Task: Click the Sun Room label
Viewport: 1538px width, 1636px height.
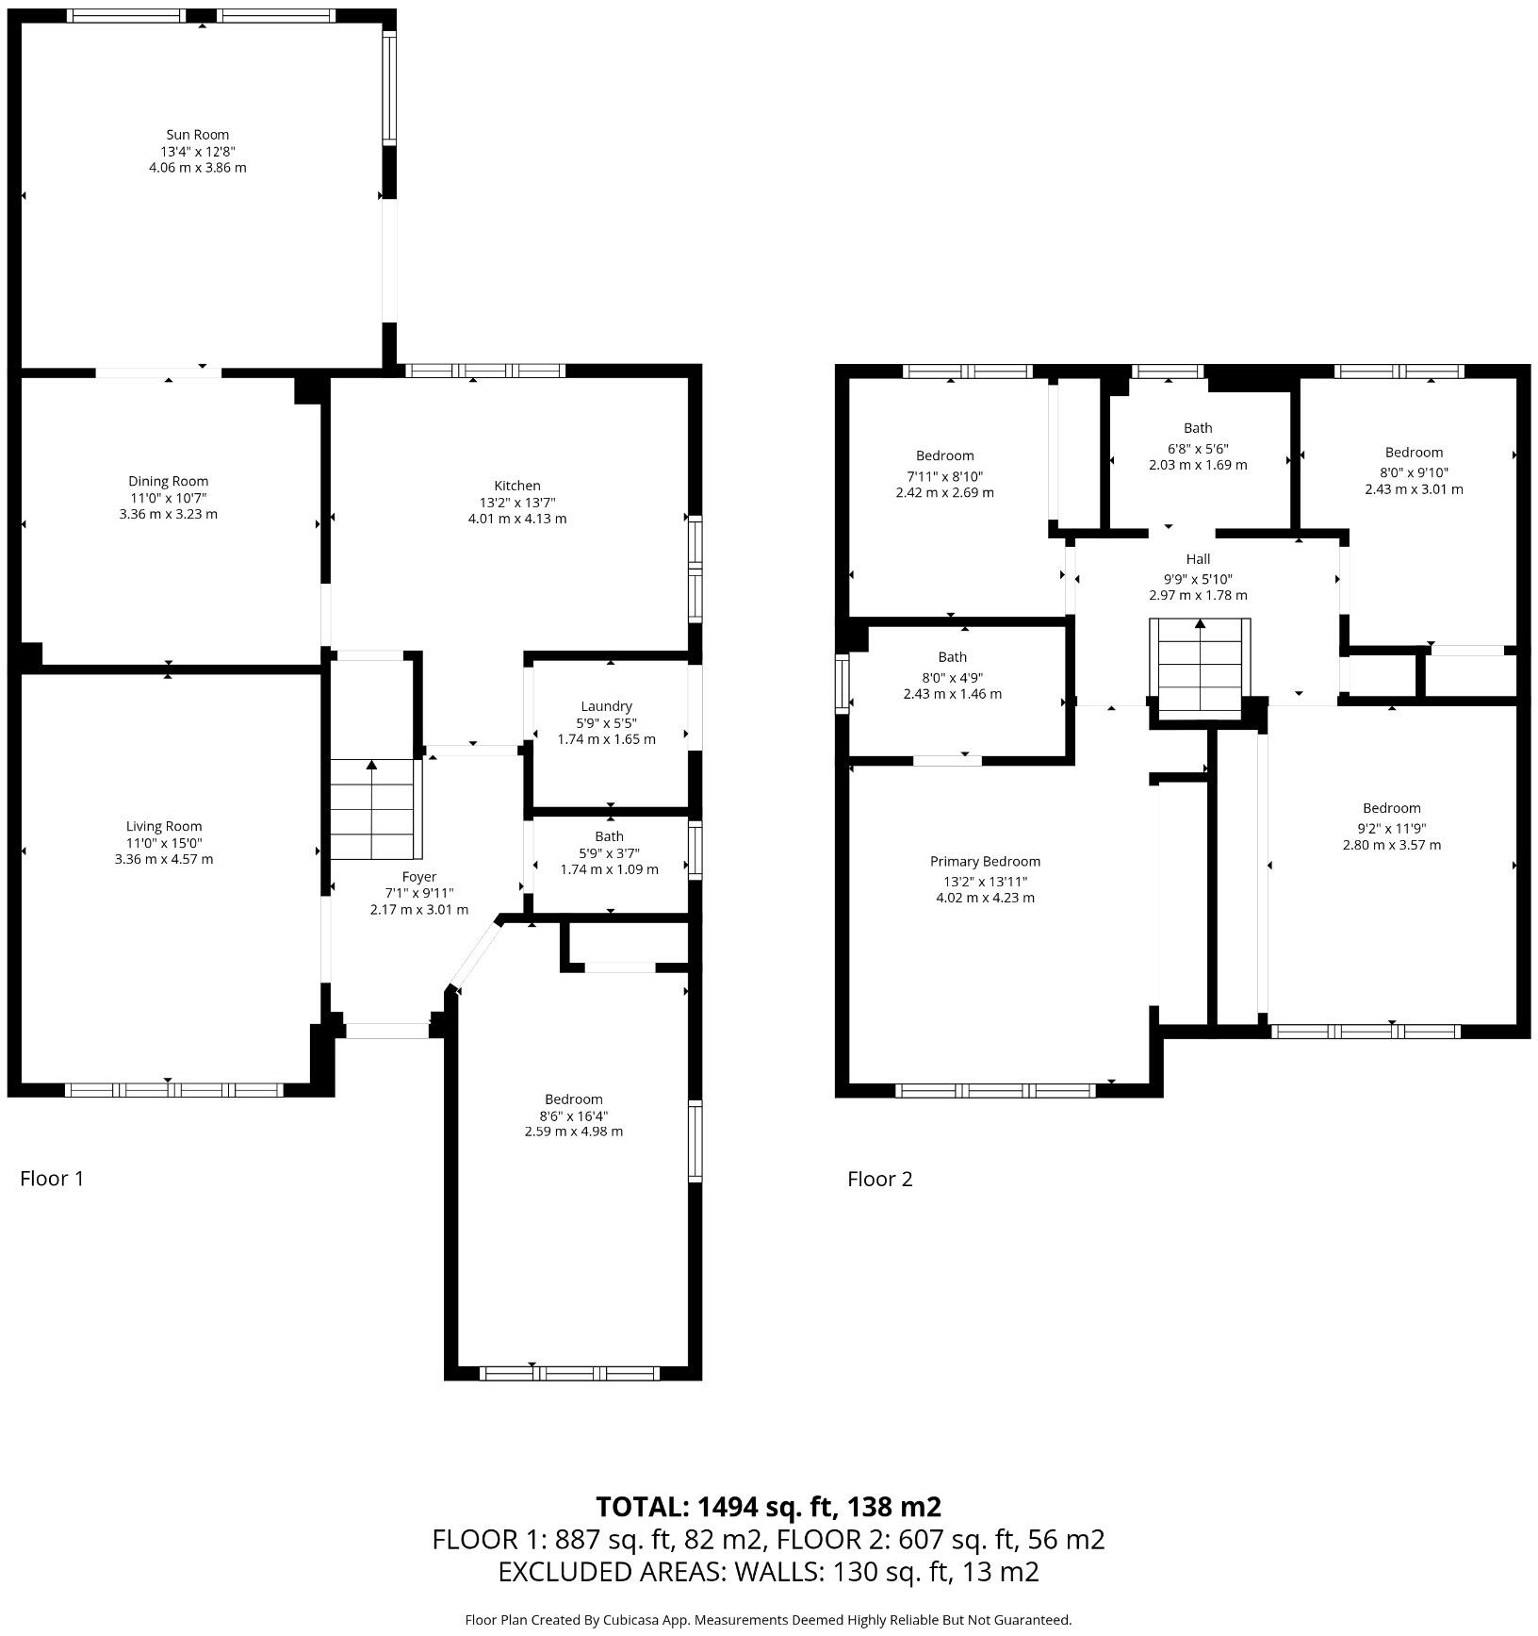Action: [197, 135]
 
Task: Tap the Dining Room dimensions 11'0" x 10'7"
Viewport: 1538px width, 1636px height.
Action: [169, 498]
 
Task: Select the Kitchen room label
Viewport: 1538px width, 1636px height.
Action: [517, 486]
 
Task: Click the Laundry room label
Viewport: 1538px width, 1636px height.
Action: [606, 706]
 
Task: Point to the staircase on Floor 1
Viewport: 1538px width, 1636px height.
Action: [371, 809]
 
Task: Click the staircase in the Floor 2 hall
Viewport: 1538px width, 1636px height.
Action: [1200, 665]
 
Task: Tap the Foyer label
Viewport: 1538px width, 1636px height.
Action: [418, 877]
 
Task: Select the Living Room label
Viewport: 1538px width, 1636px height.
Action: [164, 826]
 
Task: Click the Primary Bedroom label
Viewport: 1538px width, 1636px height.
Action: [985, 861]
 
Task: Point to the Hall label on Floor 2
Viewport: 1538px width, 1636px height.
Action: [1198, 559]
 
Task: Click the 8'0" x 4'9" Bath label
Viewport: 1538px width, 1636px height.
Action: [952, 657]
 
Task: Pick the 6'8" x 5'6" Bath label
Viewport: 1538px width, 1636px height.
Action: [1198, 428]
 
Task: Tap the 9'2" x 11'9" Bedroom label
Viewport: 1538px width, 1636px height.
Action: [1391, 808]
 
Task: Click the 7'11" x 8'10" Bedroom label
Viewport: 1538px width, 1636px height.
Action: [944, 455]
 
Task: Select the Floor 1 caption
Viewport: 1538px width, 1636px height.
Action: [52, 1179]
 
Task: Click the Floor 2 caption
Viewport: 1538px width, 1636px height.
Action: [879, 1179]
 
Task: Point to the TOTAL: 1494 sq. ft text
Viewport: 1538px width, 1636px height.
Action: [768, 1507]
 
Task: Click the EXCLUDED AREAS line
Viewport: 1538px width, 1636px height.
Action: [768, 1572]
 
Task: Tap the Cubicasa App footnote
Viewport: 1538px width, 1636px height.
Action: [768, 1620]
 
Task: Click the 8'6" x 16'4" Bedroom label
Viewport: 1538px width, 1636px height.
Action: [573, 1099]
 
